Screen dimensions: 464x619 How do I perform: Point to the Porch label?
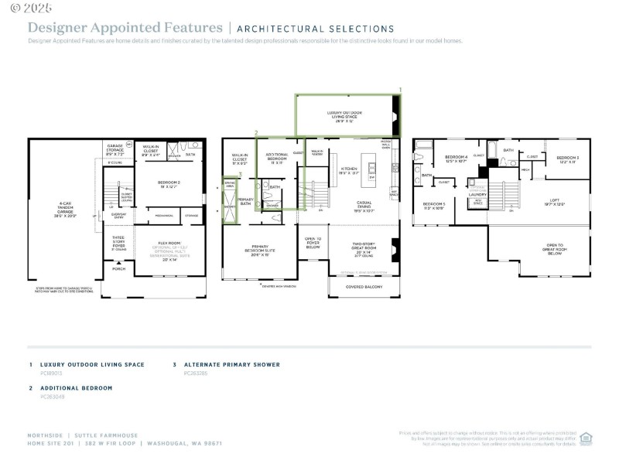(119, 269)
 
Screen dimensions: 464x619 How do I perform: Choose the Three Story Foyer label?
(118, 243)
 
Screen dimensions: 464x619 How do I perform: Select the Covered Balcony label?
(364, 287)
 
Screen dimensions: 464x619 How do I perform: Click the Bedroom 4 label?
(456, 159)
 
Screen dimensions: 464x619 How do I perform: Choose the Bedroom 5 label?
(433, 206)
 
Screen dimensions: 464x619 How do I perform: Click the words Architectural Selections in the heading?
(315, 29)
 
